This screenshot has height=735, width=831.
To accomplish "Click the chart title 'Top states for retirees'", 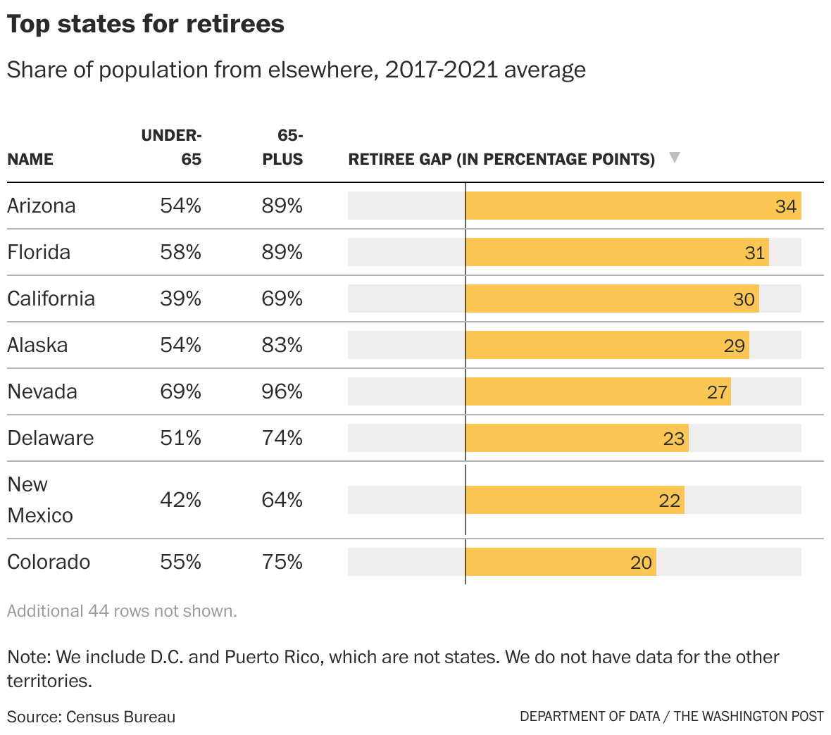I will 146,24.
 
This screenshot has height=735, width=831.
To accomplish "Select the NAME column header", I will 30,159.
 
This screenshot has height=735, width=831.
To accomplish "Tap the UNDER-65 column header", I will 172,146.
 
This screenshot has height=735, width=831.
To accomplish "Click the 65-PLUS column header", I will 283,146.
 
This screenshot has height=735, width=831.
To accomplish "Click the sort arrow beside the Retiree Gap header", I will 674,158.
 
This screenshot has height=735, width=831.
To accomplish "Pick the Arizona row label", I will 42,206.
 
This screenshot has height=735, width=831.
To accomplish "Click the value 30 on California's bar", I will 744,299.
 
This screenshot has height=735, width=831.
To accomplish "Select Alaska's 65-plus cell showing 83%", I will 282,345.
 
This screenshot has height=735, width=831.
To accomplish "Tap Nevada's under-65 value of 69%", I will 181,391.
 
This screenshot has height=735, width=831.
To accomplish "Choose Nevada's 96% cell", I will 282,391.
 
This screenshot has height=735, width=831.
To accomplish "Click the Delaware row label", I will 51,438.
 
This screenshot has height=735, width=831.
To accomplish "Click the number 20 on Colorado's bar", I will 641,563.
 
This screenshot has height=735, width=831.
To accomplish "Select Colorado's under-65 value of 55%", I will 181,562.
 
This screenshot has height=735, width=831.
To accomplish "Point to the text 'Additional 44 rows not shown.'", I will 122,611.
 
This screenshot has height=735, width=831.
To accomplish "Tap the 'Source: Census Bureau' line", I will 92,717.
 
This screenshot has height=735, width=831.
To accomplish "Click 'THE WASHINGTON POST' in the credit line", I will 748,717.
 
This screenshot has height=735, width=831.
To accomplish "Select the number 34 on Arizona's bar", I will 785,206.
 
